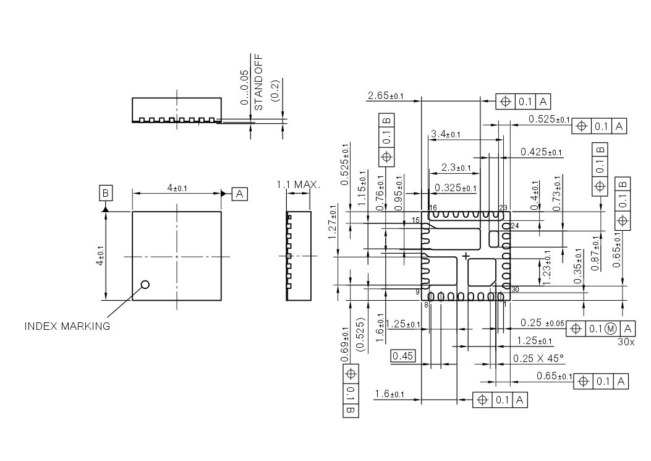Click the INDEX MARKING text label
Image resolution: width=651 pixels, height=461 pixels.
pos(67,326)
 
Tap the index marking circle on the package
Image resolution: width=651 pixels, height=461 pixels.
pos(145,285)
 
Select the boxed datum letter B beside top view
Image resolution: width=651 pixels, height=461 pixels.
pos(106,194)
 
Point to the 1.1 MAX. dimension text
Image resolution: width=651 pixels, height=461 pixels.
pos(299,184)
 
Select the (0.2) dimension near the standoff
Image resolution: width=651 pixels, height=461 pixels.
pos(275,91)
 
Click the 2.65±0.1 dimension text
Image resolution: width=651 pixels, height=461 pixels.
pos(385,96)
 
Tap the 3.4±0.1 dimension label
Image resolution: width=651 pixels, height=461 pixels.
pos(446,134)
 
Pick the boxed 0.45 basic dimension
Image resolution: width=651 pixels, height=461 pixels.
pos(403,356)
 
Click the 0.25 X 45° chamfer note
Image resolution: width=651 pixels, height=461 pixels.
pos(538,358)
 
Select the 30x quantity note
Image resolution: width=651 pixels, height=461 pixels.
pos(626,340)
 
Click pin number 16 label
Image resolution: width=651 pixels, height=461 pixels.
pos(432,208)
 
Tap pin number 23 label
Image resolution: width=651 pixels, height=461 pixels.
pos(503,208)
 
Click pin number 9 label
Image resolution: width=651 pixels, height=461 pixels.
pos(417,291)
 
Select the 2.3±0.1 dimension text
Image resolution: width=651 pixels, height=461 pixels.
pos(456,168)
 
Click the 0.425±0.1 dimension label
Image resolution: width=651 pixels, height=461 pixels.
pos(541,152)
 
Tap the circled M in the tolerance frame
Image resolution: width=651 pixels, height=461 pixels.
pos(610,329)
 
